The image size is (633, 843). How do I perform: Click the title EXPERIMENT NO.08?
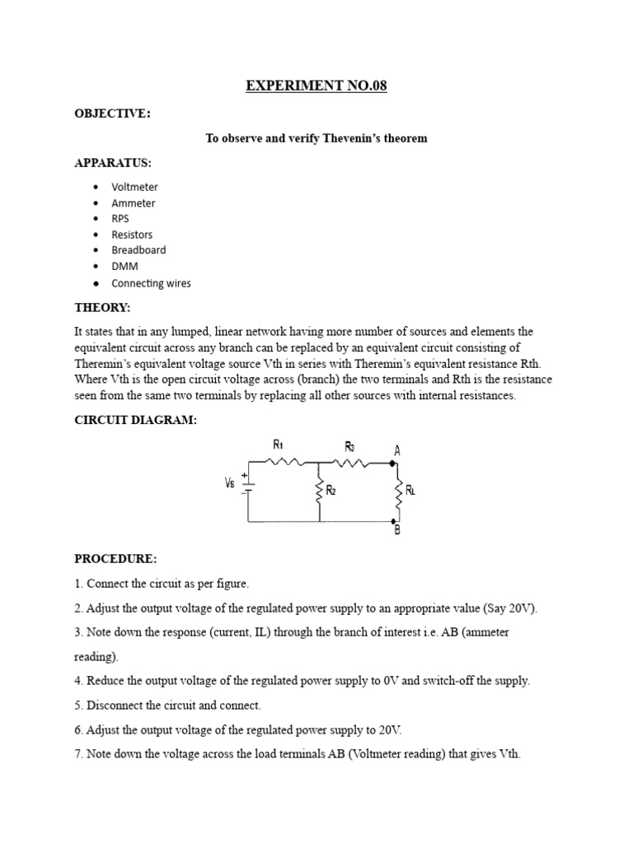coord(316,86)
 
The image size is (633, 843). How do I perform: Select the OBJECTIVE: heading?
coord(113,114)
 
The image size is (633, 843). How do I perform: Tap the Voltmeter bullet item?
coord(134,187)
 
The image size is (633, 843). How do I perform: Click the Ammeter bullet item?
coord(133,203)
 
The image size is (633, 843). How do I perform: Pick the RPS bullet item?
coord(120,219)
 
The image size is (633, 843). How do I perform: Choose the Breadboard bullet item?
coord(138,250)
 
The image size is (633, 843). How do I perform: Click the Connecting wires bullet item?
coord(151,283)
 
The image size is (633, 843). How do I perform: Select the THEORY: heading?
coord(102,307)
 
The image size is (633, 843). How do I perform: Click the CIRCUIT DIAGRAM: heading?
coord(135,420)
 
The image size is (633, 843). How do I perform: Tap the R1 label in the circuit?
coord(278,445)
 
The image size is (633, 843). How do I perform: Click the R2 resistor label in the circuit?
coord(331,491)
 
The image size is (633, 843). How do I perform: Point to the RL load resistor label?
coord(410,491)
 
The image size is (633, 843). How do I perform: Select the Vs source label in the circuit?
coord(230,483)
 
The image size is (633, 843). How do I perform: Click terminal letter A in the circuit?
coord(397,450)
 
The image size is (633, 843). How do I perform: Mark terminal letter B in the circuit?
coord(397,531)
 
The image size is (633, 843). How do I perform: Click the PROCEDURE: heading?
coord(115,559)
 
